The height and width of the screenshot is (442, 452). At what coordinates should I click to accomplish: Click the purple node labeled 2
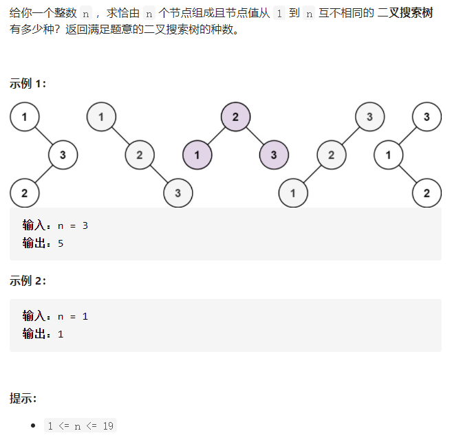[235, 116]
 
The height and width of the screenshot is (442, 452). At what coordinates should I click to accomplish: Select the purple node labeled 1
[197, 154]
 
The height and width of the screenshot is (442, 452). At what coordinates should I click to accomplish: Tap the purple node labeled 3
[274, 154]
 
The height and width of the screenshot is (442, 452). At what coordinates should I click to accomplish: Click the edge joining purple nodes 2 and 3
[255, 135]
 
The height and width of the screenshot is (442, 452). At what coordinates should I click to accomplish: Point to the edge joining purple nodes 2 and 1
[216, 135]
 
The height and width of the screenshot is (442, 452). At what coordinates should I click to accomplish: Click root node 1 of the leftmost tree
[24, 116]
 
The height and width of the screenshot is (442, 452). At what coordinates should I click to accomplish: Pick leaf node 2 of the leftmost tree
[24, 192]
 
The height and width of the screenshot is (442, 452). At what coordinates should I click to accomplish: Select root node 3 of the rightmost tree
[427, 116]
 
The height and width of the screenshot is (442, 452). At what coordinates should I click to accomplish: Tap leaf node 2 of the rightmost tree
[427, 192]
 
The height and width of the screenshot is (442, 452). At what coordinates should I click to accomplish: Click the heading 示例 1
[28, 83]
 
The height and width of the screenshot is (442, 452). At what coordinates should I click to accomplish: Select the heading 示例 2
[28, 280]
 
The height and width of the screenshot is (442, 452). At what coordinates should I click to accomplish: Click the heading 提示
[23, 398]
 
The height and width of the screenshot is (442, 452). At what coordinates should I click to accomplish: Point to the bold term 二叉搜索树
[405, 13]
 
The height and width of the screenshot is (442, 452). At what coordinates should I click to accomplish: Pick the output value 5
[61, 243]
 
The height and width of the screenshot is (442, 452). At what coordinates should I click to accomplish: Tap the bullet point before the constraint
[33, 426]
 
